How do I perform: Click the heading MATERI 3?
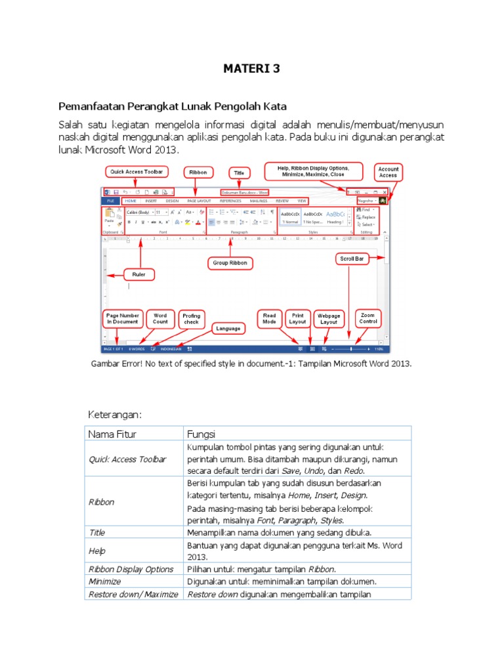[x=251, y=68]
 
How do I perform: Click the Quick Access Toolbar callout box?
[x=136, y=172]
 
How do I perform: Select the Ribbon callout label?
[x=198, y=173]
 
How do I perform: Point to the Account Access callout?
[x=388, y=172]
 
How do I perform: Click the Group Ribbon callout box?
[x=230, y=263]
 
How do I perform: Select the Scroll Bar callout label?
[x=352, y=259]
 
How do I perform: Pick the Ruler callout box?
[x=139, y=274]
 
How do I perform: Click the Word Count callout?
[x=160, y=319]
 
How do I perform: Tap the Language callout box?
[x=229, y=327]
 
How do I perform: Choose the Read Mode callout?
[x=269, y=319]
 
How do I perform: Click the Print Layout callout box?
[x=297, y=319]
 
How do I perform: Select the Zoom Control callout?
[x=368, y=319]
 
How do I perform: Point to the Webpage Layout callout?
[x=329, y=319]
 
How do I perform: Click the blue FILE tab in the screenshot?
[x=110, y=200]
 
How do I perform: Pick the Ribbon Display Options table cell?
[x=131, y=569]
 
